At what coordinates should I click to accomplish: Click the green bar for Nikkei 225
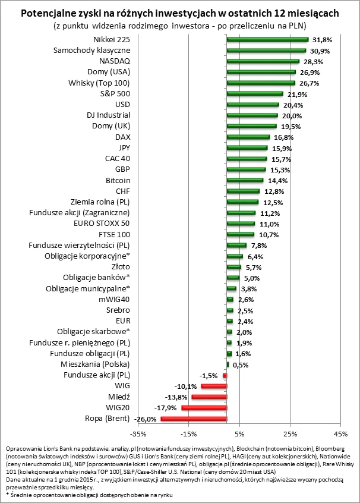(x=267, y=40)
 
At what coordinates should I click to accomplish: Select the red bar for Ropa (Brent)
(x=194, y=419)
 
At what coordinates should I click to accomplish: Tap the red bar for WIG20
(x=204, y=408)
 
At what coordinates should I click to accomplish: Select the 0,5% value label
(x=239, y=364)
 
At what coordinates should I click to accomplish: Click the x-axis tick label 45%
(x=340, y=433)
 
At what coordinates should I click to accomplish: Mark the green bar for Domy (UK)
(x=251, y=126)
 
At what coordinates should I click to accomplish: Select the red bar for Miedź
(x=209, y=397)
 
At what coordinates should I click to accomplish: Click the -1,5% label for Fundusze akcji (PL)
(x=207, y=375)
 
